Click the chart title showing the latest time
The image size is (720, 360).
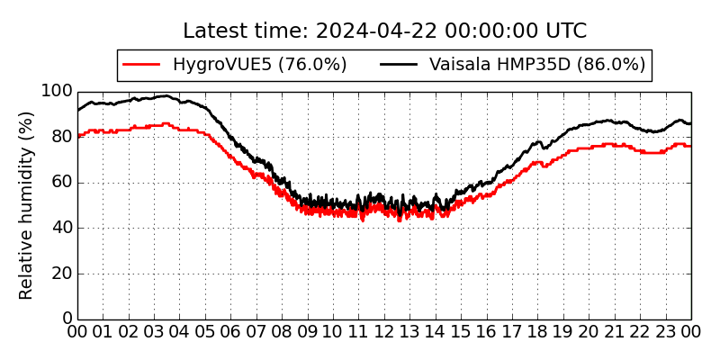[x=384, y=31]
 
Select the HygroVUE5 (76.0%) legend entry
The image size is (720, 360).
[x=259, y=65]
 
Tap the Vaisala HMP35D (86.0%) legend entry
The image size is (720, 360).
[x=537, y=65]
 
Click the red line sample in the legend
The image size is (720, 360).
[x=141, y=65]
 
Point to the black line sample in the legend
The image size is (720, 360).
[x=399, y=65]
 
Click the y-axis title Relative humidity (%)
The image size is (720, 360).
[x=26, y=205]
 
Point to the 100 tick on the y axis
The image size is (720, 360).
[x=56, y=92]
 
